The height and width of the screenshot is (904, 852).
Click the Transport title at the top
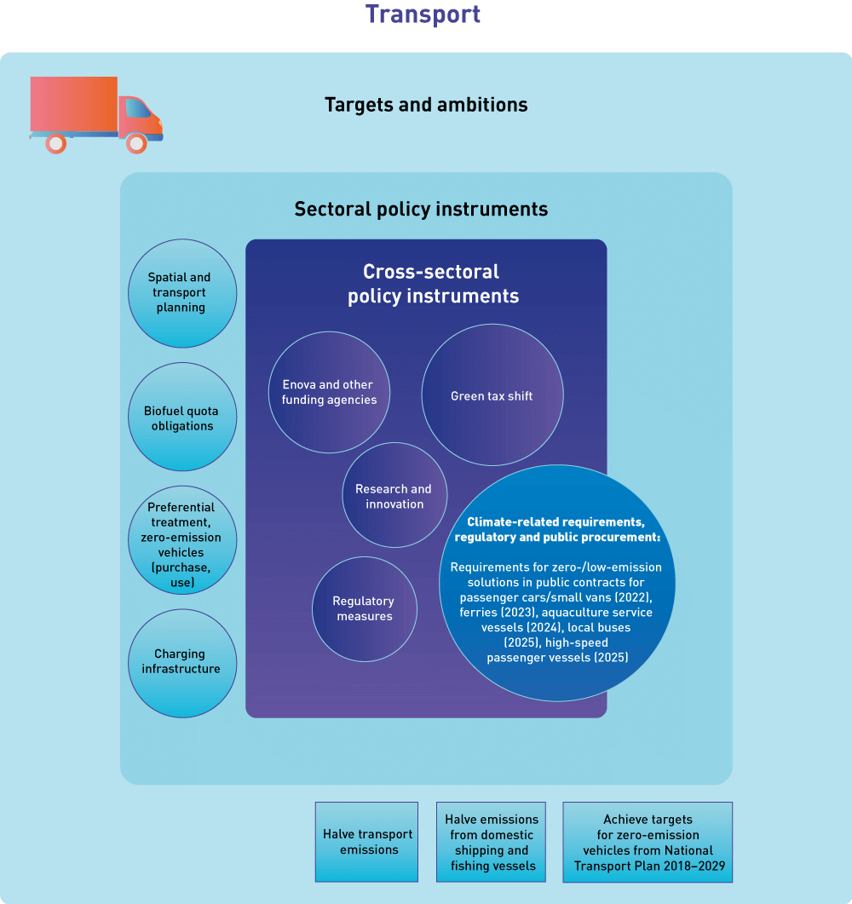click(423, 14)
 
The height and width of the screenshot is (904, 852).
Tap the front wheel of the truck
click(136, 144)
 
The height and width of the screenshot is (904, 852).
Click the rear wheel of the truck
click(56, 144)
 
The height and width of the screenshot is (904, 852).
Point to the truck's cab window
click(137, 108)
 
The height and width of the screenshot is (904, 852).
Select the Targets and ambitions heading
click(426, 105)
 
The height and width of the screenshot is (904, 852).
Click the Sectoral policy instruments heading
click(421, 209)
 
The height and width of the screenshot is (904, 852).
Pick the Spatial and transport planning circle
click(181, 292)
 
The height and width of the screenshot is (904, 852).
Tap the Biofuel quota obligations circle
click(181, 417)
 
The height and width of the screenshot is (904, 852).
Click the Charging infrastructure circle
click(181, 662)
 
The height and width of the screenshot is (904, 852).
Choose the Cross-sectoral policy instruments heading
click(434, 284)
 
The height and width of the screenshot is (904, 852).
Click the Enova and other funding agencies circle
click(328, 392)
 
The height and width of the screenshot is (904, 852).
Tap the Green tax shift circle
click(492, 395)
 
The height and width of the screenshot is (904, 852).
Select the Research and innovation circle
click(394, 496)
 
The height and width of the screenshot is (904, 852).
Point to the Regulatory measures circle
click(364, 608)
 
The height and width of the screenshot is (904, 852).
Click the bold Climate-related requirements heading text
click(557, 529)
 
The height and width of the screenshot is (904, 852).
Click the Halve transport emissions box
click(367, 842)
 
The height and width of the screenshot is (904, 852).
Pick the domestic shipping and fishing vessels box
click(492, 842)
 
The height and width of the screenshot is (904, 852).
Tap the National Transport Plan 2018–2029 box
click(648, 842)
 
